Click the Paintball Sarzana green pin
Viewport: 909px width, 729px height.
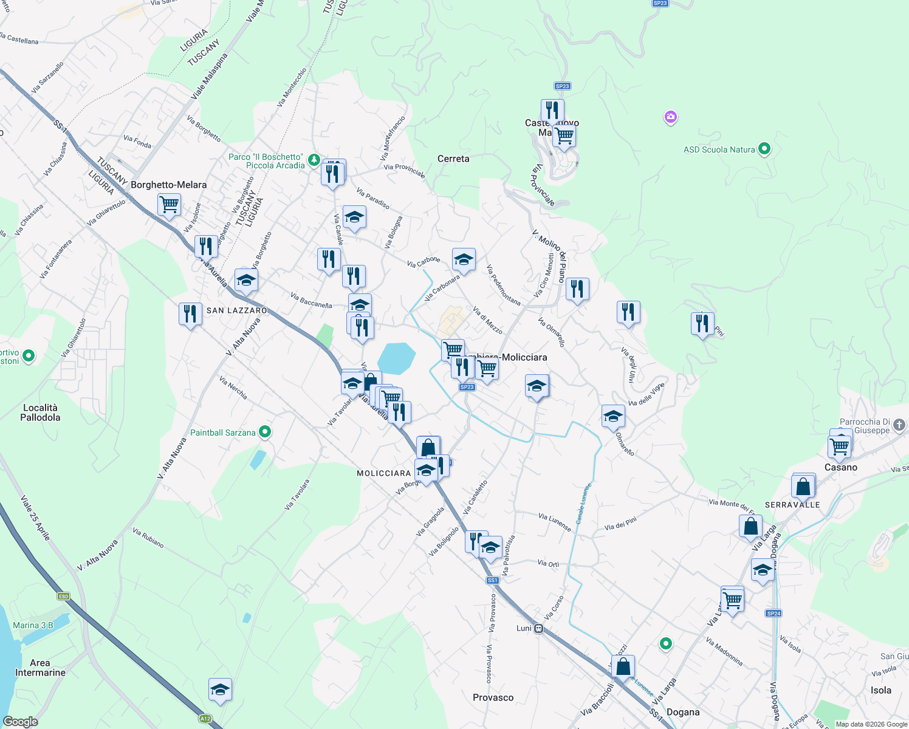tap(265, 432)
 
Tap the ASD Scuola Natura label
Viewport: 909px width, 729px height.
tap(719, 149)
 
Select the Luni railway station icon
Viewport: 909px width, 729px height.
tap(538, 629)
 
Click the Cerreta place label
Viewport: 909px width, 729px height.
tap(453, 159)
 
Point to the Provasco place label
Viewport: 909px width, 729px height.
tap(493, 697)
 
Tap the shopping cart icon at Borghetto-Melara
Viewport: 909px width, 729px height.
tap(169, 204)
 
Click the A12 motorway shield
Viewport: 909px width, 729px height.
tap(205, 719)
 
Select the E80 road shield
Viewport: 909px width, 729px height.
tap(64, 597)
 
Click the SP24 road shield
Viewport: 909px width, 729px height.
tap(774, 614)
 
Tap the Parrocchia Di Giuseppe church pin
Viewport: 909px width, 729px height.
tap(900, 425)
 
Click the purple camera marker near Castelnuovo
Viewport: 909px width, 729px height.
tap(671, 117)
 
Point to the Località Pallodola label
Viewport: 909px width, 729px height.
tap(40, 412)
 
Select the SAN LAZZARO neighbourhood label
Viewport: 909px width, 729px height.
tap(237, 310)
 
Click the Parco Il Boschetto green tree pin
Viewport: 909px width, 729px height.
tap(314, 160)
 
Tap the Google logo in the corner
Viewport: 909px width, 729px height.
tap(20, 722)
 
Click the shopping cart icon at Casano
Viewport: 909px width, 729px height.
tap(839, 446)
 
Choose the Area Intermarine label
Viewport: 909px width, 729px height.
tap(40, 668)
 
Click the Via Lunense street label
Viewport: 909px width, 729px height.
tap(554, 522)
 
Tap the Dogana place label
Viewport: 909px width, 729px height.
tap(683, 712)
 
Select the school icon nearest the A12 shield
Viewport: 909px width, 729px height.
tap(220, 690)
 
